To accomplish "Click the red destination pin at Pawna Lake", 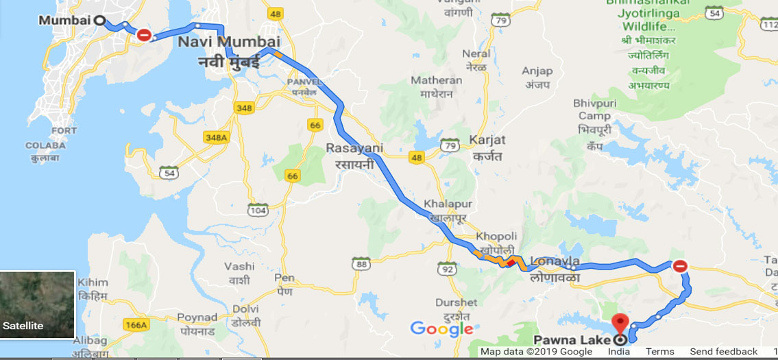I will coord(620,322).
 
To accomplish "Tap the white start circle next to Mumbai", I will coord(99,21).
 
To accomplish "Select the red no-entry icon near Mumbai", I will coord(144,34).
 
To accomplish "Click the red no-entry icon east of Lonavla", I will coord(679,266).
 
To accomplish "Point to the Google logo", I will coord(441,328).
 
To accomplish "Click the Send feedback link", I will coord(723,352).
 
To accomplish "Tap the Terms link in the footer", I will coord(659,352).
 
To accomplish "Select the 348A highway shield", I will coord(215,138).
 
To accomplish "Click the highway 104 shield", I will coord(258,211).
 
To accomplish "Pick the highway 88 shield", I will coord(361,263).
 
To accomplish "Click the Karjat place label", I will coord(488,140).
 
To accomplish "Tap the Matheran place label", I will coord(437,80).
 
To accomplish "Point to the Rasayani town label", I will coord(354,148).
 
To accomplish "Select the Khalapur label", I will coord(445,204).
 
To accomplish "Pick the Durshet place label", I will coord(457,302).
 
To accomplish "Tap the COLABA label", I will coord(46,145).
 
